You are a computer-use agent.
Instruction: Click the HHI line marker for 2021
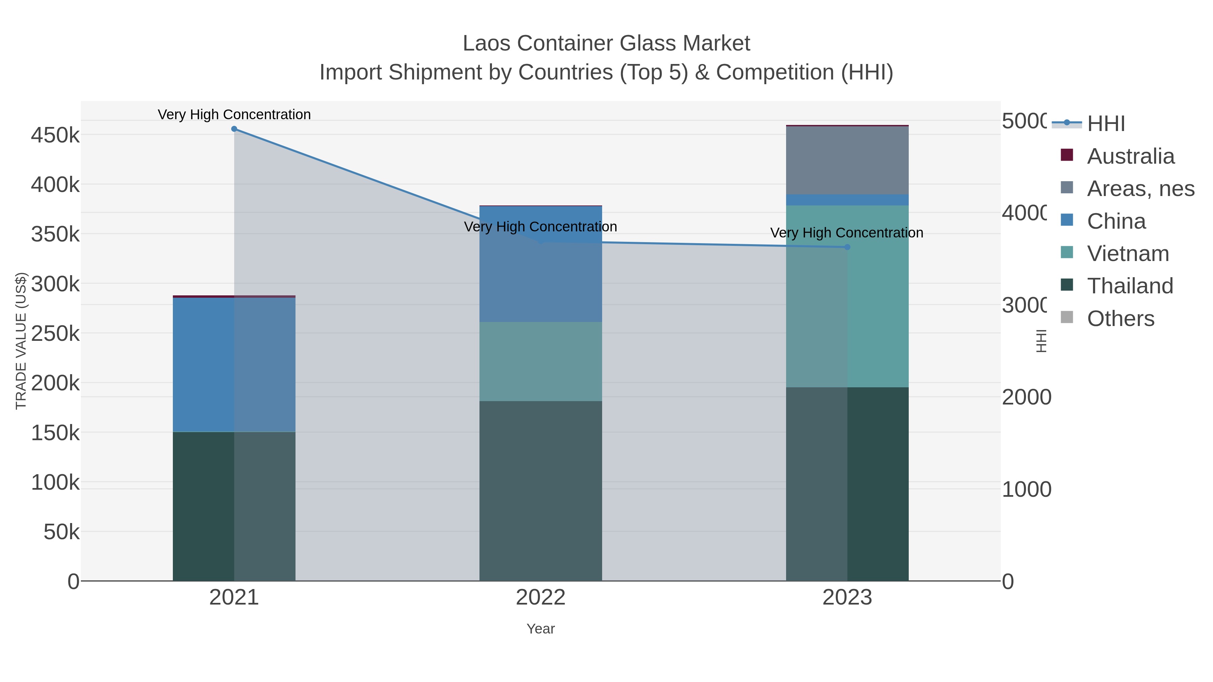tap(234, 129)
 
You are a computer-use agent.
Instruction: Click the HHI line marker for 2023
tap(847, 247)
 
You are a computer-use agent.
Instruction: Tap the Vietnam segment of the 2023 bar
tap(847, 296)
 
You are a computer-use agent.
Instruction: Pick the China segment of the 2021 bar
tap(234, 365)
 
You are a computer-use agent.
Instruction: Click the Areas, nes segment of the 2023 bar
tap(847, 160)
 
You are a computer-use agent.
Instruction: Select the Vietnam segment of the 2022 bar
tap(540, 361)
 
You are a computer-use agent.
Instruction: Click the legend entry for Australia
tap(1130, 156)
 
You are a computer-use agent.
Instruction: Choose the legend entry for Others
tap(1120, 319)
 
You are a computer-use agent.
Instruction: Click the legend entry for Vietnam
tap(1128, 254)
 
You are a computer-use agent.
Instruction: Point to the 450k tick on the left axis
tap(55, 135)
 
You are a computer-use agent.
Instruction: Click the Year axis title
tap(540, 629)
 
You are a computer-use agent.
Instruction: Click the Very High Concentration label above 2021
tap(234, 115)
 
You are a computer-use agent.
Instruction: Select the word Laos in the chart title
tap(486, 43)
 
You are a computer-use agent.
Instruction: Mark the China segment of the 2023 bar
tap(847, 200)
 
